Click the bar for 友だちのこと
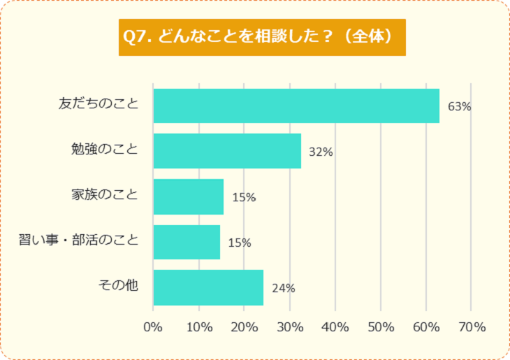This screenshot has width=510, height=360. tap(296, 106)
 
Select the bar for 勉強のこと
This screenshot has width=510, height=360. tap(227, 151)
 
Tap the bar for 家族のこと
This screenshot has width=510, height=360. tap(188, 196)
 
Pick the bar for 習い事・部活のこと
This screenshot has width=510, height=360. tap(187, 242)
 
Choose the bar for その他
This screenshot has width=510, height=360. tap(208, 287)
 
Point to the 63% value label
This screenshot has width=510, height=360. tap(460, 107)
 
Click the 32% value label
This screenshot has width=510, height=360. tap(321, 152)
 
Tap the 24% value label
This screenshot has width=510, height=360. tap(283, 288)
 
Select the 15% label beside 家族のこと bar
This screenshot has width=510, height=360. tap(244, 198)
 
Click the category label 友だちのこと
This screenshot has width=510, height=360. tap(99, 105)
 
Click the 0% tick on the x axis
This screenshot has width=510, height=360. tap(152, 327)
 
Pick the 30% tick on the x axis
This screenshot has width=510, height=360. tap(289, 327)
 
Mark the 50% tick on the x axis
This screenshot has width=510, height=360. tap(380, 327)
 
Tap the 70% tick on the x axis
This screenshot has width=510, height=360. tap(472, 327)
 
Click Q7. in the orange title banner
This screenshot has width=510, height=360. tap(138, 37)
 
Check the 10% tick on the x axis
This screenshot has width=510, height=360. tap(198, 327)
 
